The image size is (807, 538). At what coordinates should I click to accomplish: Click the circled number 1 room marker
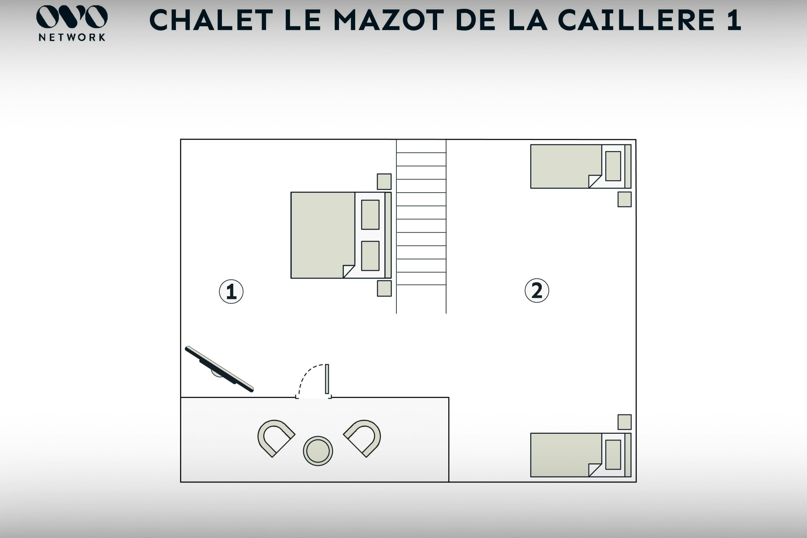(231, 292)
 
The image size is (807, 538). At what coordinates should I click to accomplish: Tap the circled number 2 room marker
(537, 291)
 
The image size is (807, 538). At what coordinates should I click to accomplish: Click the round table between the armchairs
(318, 451)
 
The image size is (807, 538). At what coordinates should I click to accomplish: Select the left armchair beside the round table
(274, 438)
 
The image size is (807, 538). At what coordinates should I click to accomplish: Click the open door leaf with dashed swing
(327, 379)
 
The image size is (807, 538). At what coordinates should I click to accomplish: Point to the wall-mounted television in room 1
(219, 369)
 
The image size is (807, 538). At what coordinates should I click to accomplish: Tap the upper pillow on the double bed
(370, 215)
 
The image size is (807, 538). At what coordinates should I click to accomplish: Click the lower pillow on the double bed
(370, 256)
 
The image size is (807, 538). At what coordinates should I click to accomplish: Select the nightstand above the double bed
(384, 182)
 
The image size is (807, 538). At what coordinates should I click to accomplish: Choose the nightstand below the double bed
(384, 289)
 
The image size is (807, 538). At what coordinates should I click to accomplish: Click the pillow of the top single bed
(613, 166)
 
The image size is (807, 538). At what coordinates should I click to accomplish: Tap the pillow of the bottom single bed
(613, 455)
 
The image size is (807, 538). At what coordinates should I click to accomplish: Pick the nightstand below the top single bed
(624, 199)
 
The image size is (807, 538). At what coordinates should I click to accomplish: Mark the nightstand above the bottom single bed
(624, 422)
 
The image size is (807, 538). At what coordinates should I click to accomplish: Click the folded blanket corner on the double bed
(349, 271)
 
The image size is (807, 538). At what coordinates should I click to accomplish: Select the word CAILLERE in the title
(637, 20)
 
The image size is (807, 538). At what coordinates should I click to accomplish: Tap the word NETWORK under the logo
(72, 37)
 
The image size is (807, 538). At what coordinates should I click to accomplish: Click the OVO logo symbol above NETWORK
(72, 16)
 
